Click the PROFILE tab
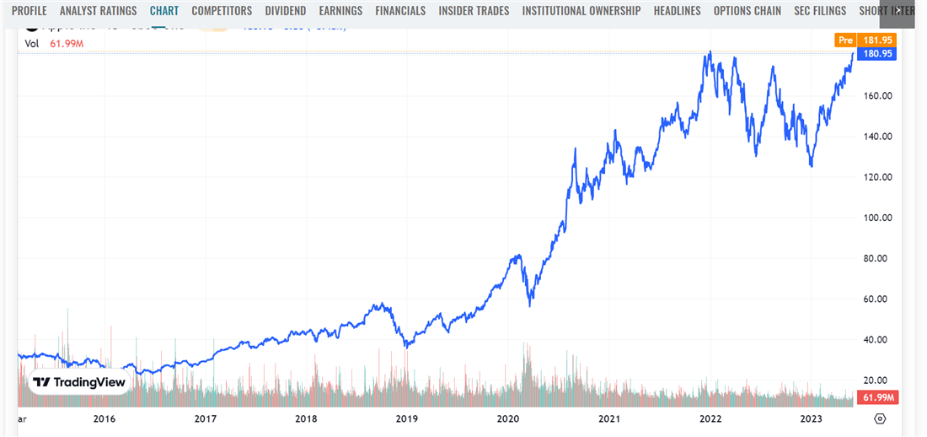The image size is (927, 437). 29,11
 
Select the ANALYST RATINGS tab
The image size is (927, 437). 98,11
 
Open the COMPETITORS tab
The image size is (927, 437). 222,11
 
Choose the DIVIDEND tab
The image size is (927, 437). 286,11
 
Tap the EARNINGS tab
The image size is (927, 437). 340,11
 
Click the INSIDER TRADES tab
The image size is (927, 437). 474,11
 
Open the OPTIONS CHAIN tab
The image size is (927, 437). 747,11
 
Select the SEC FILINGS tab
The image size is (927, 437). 821,11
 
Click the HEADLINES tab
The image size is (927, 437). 677,11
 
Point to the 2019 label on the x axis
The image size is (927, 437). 407,419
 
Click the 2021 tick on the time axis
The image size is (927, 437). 609,419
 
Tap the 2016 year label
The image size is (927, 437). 104,419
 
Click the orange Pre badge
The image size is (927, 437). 845,40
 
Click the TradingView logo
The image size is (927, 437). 79,382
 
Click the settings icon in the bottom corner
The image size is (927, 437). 880,419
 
